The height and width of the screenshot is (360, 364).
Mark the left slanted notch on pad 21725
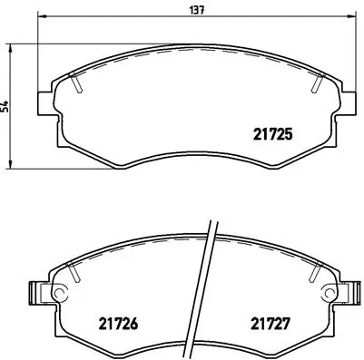click(78, 83)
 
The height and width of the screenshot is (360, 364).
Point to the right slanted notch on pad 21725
click(317, 83)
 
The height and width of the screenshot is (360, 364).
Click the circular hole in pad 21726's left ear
click(60, 293)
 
